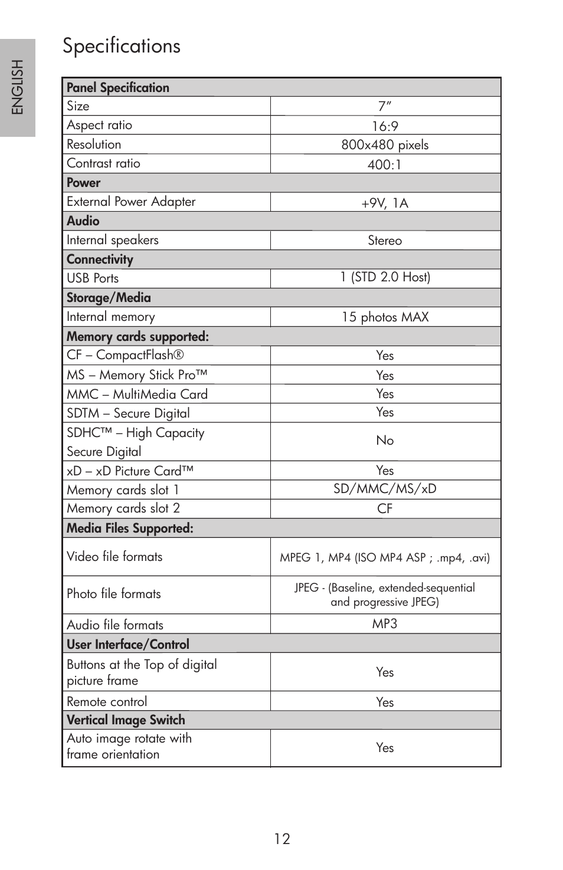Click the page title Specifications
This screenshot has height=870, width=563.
pos(122,46)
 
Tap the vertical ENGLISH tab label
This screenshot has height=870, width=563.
pos(18,87)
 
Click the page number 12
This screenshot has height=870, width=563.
pos(282,839)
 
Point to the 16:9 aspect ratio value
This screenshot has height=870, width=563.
pos(385,126)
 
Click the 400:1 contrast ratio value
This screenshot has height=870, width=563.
pos(385,165)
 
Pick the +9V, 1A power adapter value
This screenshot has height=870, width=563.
pos(385,203)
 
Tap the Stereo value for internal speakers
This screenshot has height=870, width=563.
pos(385,241)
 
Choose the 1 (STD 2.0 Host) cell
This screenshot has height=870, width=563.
pos(385,277)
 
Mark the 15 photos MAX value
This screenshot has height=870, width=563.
pos(385,317)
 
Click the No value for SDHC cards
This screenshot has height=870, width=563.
pos(385,441)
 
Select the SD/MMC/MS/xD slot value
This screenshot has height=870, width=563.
pos(385,489)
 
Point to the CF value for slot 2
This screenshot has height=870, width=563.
pos(385,508)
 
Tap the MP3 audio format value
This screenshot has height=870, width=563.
pos(385,624)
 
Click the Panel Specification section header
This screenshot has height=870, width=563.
pos(118,88)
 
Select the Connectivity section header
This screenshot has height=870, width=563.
pos(100,260)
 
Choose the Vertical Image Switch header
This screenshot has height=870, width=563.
pos(126,720)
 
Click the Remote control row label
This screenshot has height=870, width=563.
pos(107,702)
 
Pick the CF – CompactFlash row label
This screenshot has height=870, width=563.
pos(125,355)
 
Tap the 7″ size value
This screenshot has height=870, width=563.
pos(385,106)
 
